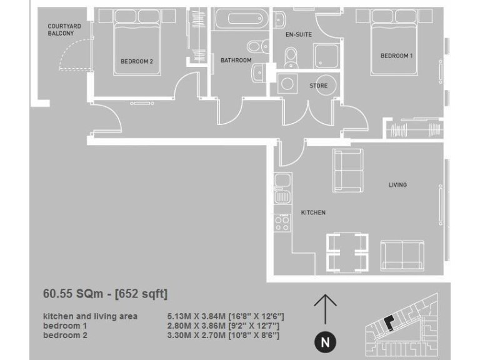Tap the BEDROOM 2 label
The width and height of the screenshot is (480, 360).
[137, 61]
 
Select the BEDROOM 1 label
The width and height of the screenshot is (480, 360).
[397, 56]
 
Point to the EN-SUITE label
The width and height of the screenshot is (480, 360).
[299, 35]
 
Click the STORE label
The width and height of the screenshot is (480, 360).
[319, 86]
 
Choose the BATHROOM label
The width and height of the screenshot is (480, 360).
[236, 61]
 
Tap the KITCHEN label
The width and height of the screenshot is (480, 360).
[313, 212]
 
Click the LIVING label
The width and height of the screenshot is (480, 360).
[397, 185]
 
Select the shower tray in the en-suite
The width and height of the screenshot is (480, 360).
[327, 56]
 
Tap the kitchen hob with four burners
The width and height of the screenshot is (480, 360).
[282, 222]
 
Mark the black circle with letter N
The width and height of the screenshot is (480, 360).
[325, 342]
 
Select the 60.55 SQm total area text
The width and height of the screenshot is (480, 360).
[105, 293]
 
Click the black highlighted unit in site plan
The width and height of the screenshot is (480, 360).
[389, 322]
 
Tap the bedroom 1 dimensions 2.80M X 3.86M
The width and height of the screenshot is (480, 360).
[222, 326]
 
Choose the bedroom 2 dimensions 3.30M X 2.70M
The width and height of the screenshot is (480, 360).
[222, 336]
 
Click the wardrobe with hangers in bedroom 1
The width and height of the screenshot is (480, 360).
[416, 130]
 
